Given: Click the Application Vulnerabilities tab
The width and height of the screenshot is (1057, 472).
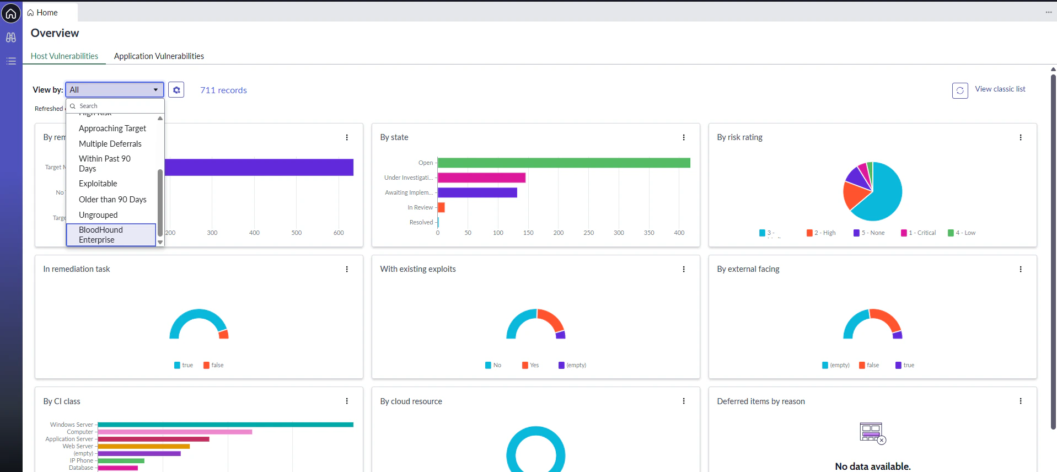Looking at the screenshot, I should [x=159, y=56].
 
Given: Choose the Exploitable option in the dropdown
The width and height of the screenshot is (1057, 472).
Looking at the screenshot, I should [x=98, y=184].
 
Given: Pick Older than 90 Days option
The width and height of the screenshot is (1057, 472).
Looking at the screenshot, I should [x=112, y=200].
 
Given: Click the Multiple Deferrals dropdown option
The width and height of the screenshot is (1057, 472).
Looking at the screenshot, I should [x=110, y=144].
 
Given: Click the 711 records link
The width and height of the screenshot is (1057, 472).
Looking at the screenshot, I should [x=223, y=90].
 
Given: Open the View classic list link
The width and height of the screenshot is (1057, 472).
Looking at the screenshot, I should [x=1000, y=89].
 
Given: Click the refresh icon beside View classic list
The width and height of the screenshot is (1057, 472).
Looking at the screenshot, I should [x=959, y=90].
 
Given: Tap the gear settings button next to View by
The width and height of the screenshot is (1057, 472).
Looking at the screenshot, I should [x=176, y=90].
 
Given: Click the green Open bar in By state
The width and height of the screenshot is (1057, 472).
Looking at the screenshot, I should [x=564, y=163].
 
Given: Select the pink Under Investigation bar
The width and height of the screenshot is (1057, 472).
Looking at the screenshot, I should [x=481, y=178].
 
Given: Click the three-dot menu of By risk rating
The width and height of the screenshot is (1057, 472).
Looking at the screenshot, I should [x=1020, y=137].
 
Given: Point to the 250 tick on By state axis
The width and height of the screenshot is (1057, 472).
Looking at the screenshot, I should [x=588, y=233].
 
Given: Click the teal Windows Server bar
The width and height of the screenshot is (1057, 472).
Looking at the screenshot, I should [x=225, y=425].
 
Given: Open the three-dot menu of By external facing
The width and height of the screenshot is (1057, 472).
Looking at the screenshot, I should [x=1020, y=269].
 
